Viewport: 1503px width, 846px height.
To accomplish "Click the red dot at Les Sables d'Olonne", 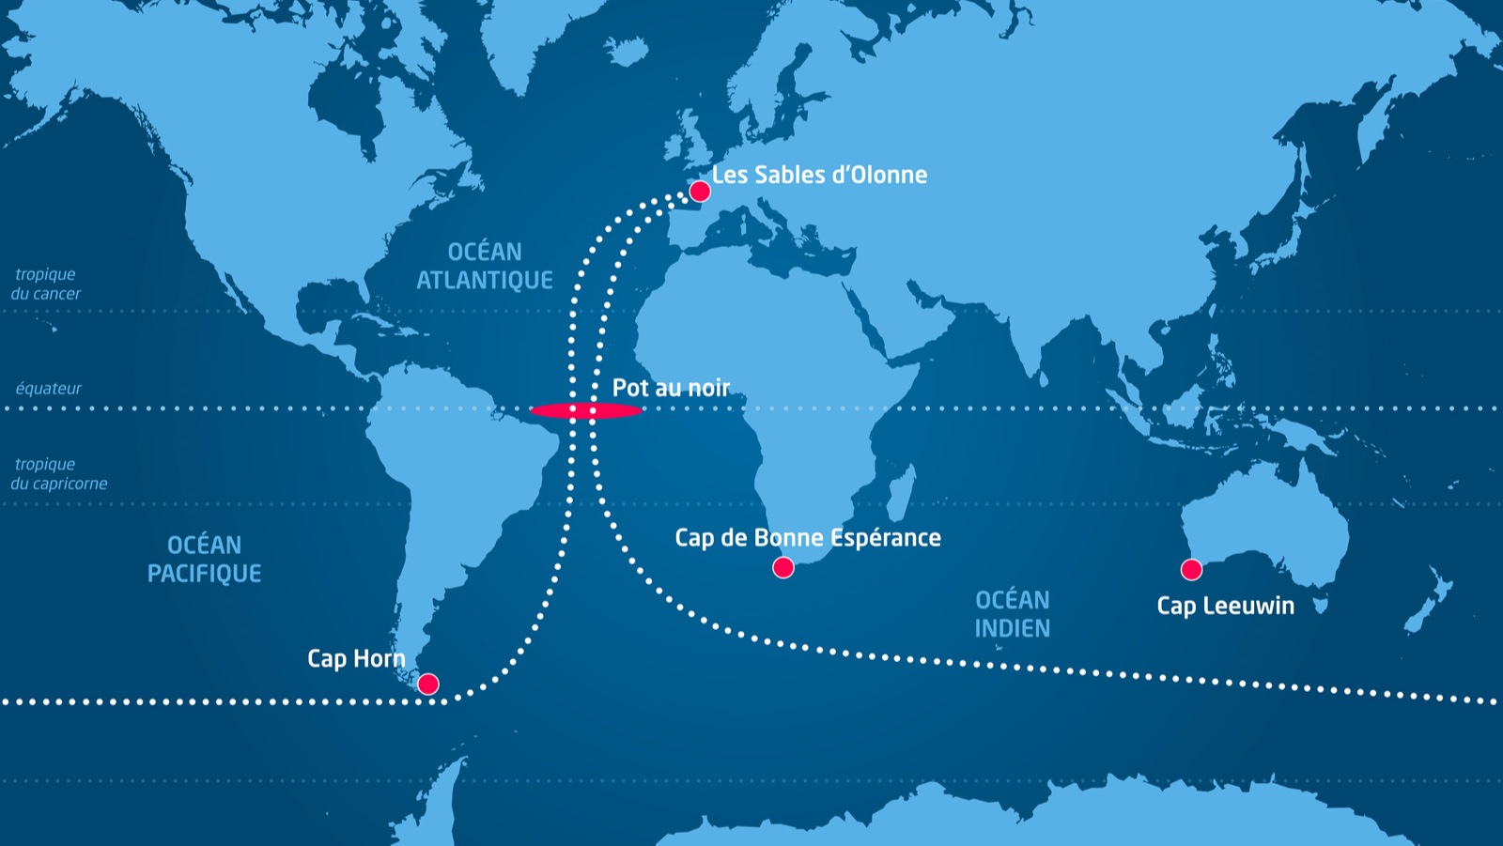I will (x=700, y=192).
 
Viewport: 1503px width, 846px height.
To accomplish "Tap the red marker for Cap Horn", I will (x=428, y=684).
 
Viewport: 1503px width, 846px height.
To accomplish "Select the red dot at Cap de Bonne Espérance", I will (x=783, y=567).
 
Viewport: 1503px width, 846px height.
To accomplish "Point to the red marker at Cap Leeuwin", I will (x=1191, y=569).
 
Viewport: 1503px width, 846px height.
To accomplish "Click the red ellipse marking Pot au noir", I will (x=586, y=410).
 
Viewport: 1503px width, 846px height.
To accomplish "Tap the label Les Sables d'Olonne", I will (x=819, y=175).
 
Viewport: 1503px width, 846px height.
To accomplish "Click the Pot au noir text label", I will (x=671, y=388).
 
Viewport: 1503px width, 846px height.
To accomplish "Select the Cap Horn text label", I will (x=356, y=658).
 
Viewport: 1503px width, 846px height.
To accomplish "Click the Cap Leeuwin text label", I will (x=1225, y=606).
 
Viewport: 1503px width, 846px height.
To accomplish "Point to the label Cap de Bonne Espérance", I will (x=808, y=537).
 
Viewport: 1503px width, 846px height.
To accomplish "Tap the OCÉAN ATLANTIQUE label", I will (x=485, y=266).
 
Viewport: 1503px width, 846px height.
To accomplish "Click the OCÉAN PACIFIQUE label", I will (x=205, y=559).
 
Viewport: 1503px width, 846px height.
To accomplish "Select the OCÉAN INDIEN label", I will (x=1012, y=614).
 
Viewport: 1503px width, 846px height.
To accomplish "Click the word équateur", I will (x=49, y=388).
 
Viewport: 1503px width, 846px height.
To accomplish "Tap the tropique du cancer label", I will (x=46, y=284).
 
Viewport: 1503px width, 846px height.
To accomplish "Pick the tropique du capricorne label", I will (x=58, y=473).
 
